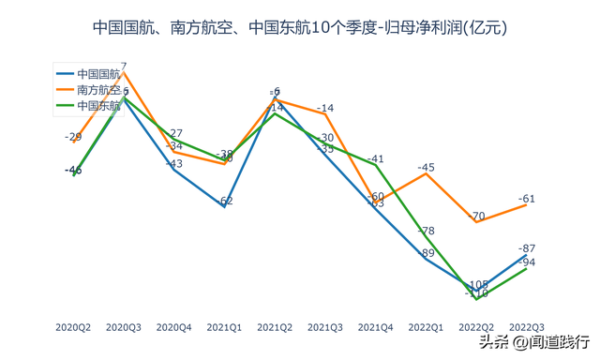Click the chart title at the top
(300, 28)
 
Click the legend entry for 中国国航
(98, 73)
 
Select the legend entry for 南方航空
(98, 90)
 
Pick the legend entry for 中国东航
(98, 106)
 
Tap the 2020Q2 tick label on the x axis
(73, 327)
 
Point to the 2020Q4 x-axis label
(173, 327)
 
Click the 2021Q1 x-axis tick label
(224, 327)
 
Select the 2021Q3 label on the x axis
(325, 327)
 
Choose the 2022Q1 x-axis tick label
(426, 327)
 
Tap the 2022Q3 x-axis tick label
(527, 327)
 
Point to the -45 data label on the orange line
(426, 168)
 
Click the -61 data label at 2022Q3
(527, 199)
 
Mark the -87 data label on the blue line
(527, 248)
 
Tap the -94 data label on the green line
(527, 262)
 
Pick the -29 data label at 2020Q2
(73, 137)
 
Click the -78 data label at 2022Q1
(426, 231)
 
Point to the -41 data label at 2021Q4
(376, 159)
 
